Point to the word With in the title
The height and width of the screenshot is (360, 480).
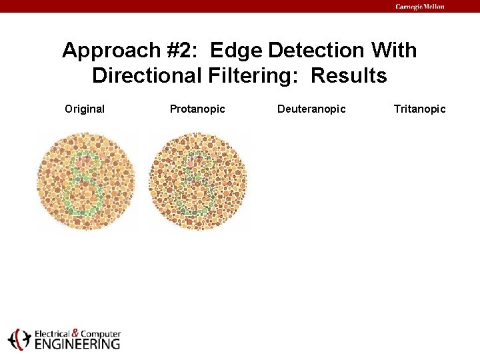tap(394, 51)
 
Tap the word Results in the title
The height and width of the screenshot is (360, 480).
tap(349, 76)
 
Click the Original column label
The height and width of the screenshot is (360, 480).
tap(85, 109)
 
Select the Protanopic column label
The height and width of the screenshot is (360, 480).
tap(197, 109)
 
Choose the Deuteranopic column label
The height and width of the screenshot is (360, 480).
tap(311, 109)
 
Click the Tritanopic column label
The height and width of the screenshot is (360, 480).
tap(419, 109)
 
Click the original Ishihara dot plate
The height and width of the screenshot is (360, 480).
tap(86, 181)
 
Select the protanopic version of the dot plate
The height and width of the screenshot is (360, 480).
tap(198, 181)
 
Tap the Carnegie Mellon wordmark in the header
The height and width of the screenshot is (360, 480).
tap(419, 7)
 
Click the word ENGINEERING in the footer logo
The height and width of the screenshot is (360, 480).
tap(77, 344)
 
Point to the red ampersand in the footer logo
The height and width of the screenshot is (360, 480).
tap(75, 333)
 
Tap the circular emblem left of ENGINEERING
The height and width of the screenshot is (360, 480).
tap(19, 339)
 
